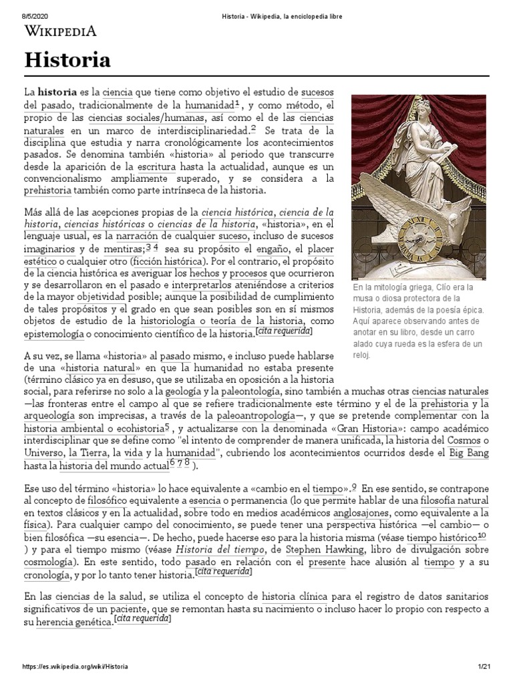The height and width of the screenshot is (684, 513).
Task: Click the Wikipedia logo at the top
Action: click(61, 30)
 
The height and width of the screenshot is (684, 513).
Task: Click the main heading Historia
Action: click(67, 61)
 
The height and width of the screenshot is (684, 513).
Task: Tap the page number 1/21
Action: click(484, 667)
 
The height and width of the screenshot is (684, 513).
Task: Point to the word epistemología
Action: click(57, 332)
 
